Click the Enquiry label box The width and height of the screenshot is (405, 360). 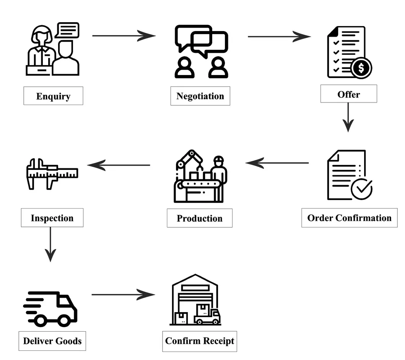click(53, 96)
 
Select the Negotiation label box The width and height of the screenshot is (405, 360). click(200, 96)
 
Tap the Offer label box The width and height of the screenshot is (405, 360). click(348, 94)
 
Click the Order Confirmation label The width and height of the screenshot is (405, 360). click(349, 218)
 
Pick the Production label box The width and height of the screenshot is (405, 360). click(199, 218)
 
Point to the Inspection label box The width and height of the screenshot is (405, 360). click(52, 218)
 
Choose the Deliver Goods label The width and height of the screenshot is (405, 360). click(52, 341)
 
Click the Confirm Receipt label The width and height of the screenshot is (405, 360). click(199, 341)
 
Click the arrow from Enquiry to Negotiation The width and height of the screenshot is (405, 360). click(124, 36)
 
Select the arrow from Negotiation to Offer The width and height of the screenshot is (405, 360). click(279, 37)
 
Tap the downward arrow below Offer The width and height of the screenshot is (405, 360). click(348, 117)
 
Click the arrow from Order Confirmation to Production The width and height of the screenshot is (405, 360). click(277, 163)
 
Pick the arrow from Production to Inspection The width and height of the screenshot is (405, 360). click(119, 165)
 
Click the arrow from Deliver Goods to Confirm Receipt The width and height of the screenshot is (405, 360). click(123, 295)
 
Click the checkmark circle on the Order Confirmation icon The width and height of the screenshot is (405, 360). click(362, 188)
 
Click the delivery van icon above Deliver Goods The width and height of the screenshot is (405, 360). click(50, 309)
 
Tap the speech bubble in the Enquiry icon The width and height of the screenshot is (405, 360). click(67, 30)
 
